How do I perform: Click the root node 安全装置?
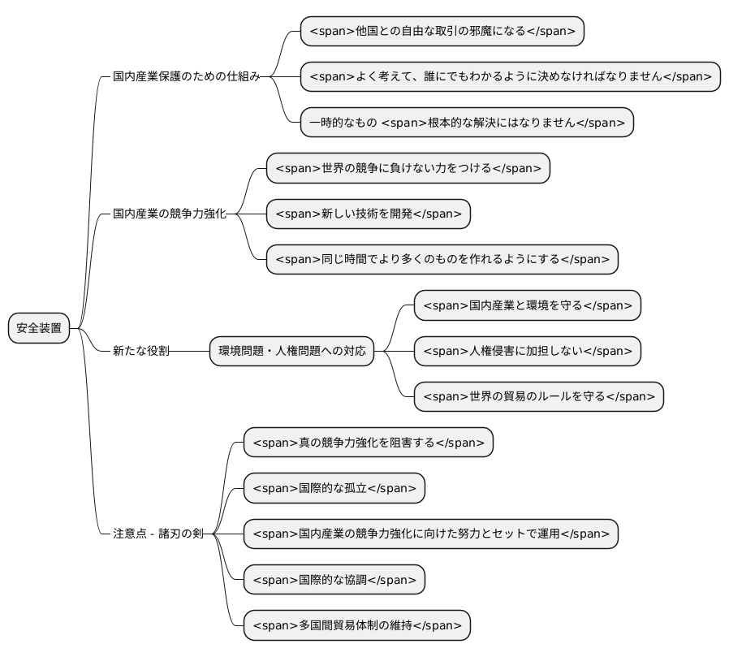39,328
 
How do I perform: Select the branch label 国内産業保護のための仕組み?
187,77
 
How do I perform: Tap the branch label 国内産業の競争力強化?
170,214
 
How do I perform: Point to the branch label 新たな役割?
141,351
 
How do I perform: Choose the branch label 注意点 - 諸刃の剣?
158,534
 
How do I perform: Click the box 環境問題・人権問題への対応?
291,351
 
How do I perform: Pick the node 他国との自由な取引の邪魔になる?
442,32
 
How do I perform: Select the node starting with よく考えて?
510,77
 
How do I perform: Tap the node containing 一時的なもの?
466,123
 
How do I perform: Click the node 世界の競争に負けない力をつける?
408,168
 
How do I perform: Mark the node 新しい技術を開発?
368,214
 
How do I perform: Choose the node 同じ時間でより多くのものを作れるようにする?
442,260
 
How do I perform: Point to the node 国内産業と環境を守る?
527,305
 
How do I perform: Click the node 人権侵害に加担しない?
527,351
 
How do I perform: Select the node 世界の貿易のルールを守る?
538,397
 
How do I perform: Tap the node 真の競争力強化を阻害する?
368,443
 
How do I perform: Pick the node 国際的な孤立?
334,488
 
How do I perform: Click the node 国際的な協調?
334,580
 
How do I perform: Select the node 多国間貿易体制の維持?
356,625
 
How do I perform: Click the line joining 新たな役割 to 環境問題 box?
190,352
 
